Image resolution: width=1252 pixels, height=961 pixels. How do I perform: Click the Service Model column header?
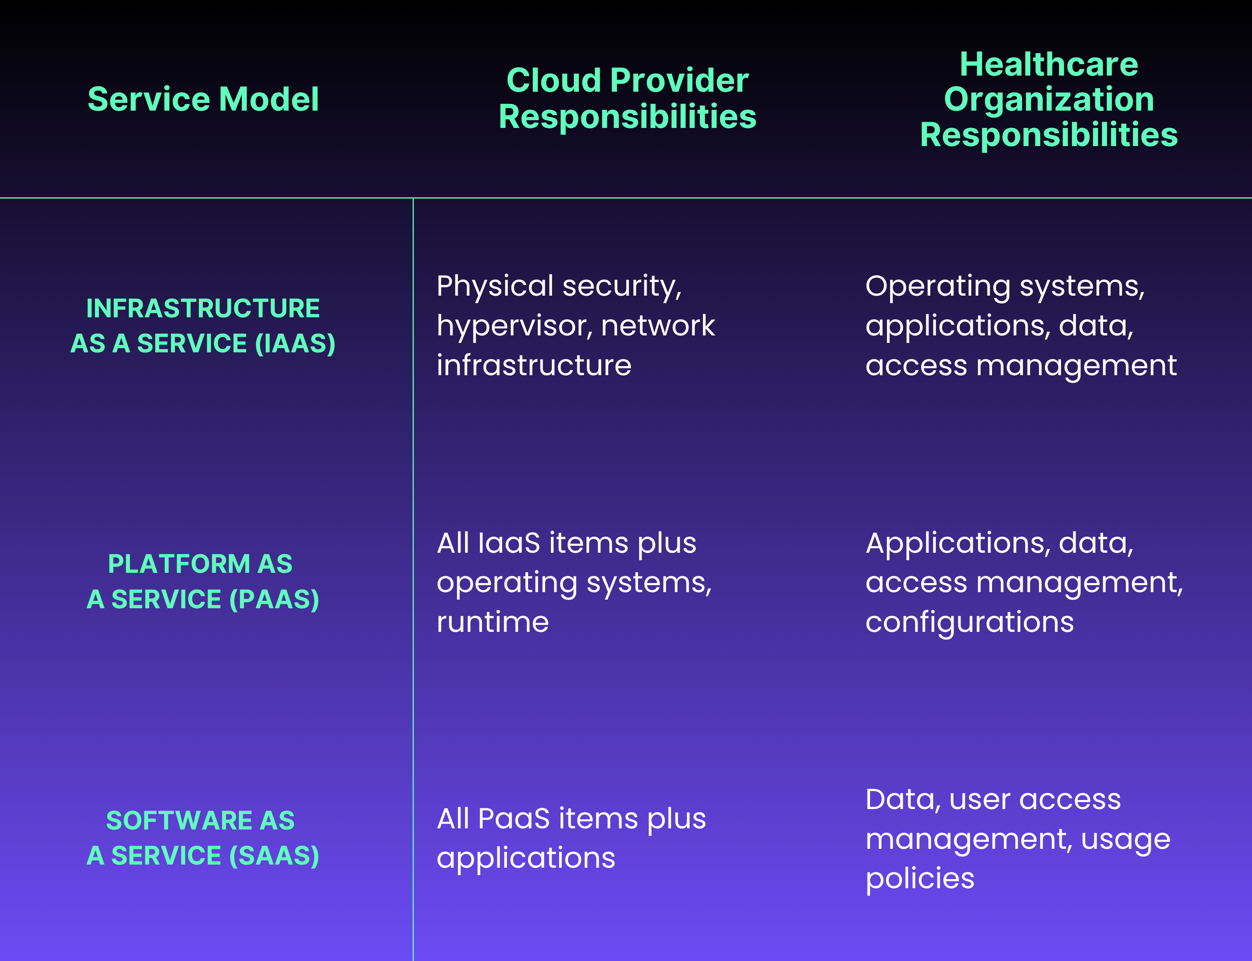(203, 99)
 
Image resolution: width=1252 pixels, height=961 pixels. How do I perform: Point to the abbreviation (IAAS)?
(295, 343)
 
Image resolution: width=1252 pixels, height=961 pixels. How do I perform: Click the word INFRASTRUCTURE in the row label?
(203, 308)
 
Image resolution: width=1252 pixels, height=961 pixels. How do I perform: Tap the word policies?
(920, 878)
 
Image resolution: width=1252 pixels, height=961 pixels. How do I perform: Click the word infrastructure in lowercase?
(534, 365)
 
